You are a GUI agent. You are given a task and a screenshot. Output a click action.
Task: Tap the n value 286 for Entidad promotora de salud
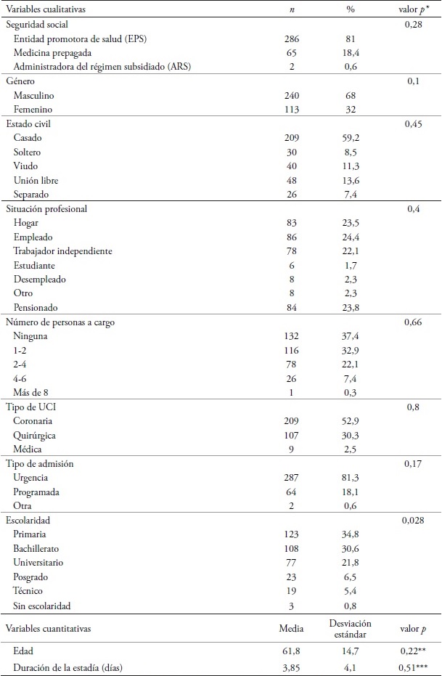[289, 38]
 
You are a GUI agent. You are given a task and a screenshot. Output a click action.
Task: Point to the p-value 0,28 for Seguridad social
[412, 24]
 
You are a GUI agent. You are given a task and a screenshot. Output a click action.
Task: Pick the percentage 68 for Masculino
[351, 95]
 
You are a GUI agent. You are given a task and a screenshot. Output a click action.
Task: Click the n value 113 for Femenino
[289, 109]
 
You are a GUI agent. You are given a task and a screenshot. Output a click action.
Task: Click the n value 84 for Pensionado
[289, 307]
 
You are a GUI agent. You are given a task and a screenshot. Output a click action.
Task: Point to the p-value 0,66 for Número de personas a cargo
[412, 322]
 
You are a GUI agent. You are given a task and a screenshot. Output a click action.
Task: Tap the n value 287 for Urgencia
[289, 478]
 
